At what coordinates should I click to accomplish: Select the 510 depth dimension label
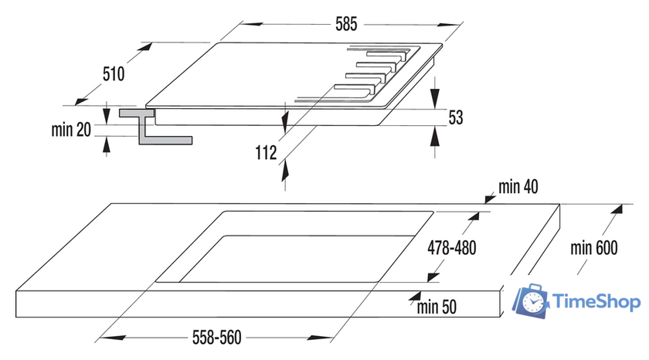coord(113,74)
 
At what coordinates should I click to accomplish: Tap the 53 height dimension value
coord(455,117)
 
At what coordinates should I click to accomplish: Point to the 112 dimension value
coord(265,153)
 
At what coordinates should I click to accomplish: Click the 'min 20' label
coord(71,130)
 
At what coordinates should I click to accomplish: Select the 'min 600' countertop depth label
coord(594,249)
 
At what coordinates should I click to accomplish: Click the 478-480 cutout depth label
coord(452,248)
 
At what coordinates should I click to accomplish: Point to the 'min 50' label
coord(437,306)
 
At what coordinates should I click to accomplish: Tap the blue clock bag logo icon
coord(532,302)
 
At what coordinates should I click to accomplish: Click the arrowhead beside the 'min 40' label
coord(489,199)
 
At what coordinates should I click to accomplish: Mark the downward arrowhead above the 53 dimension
coord(435,100)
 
